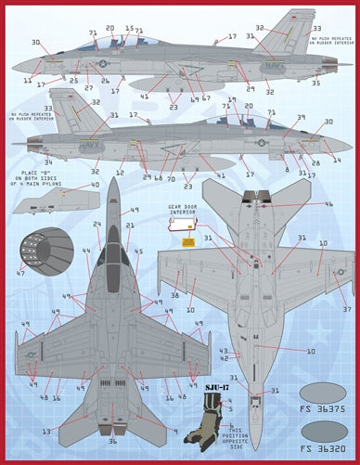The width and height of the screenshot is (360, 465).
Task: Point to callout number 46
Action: pyautogui.click(x=328, y=202)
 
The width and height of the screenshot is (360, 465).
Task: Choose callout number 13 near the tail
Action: pyautogui.click(x=45, y=432)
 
